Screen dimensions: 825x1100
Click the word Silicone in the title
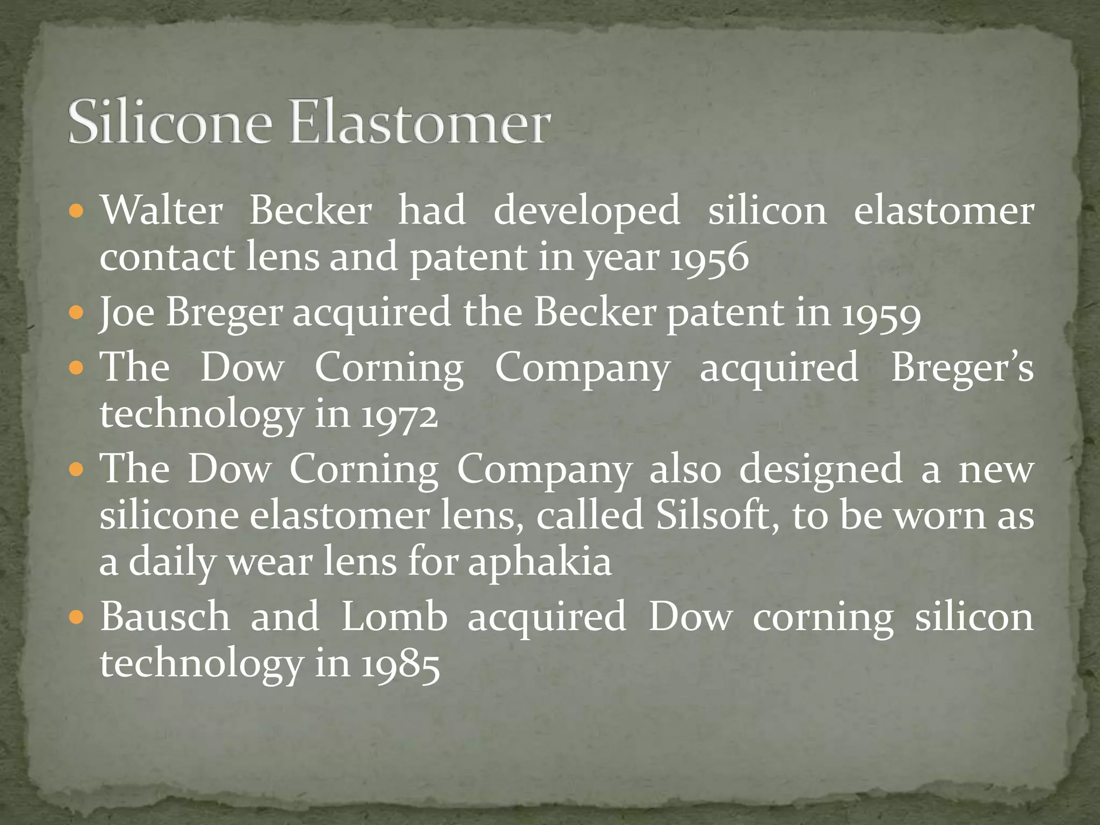pos(169,122)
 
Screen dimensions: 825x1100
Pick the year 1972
pos(400,416)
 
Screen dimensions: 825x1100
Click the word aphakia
pos(540,562)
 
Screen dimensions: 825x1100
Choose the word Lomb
pos(394,617)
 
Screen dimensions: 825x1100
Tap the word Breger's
pos(962,368)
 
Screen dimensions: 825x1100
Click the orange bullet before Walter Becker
pos(77,210)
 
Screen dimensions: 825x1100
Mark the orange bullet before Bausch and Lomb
pos(77,616)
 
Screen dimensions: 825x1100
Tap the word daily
pos(172,562)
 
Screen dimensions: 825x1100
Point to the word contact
pos(167,258)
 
